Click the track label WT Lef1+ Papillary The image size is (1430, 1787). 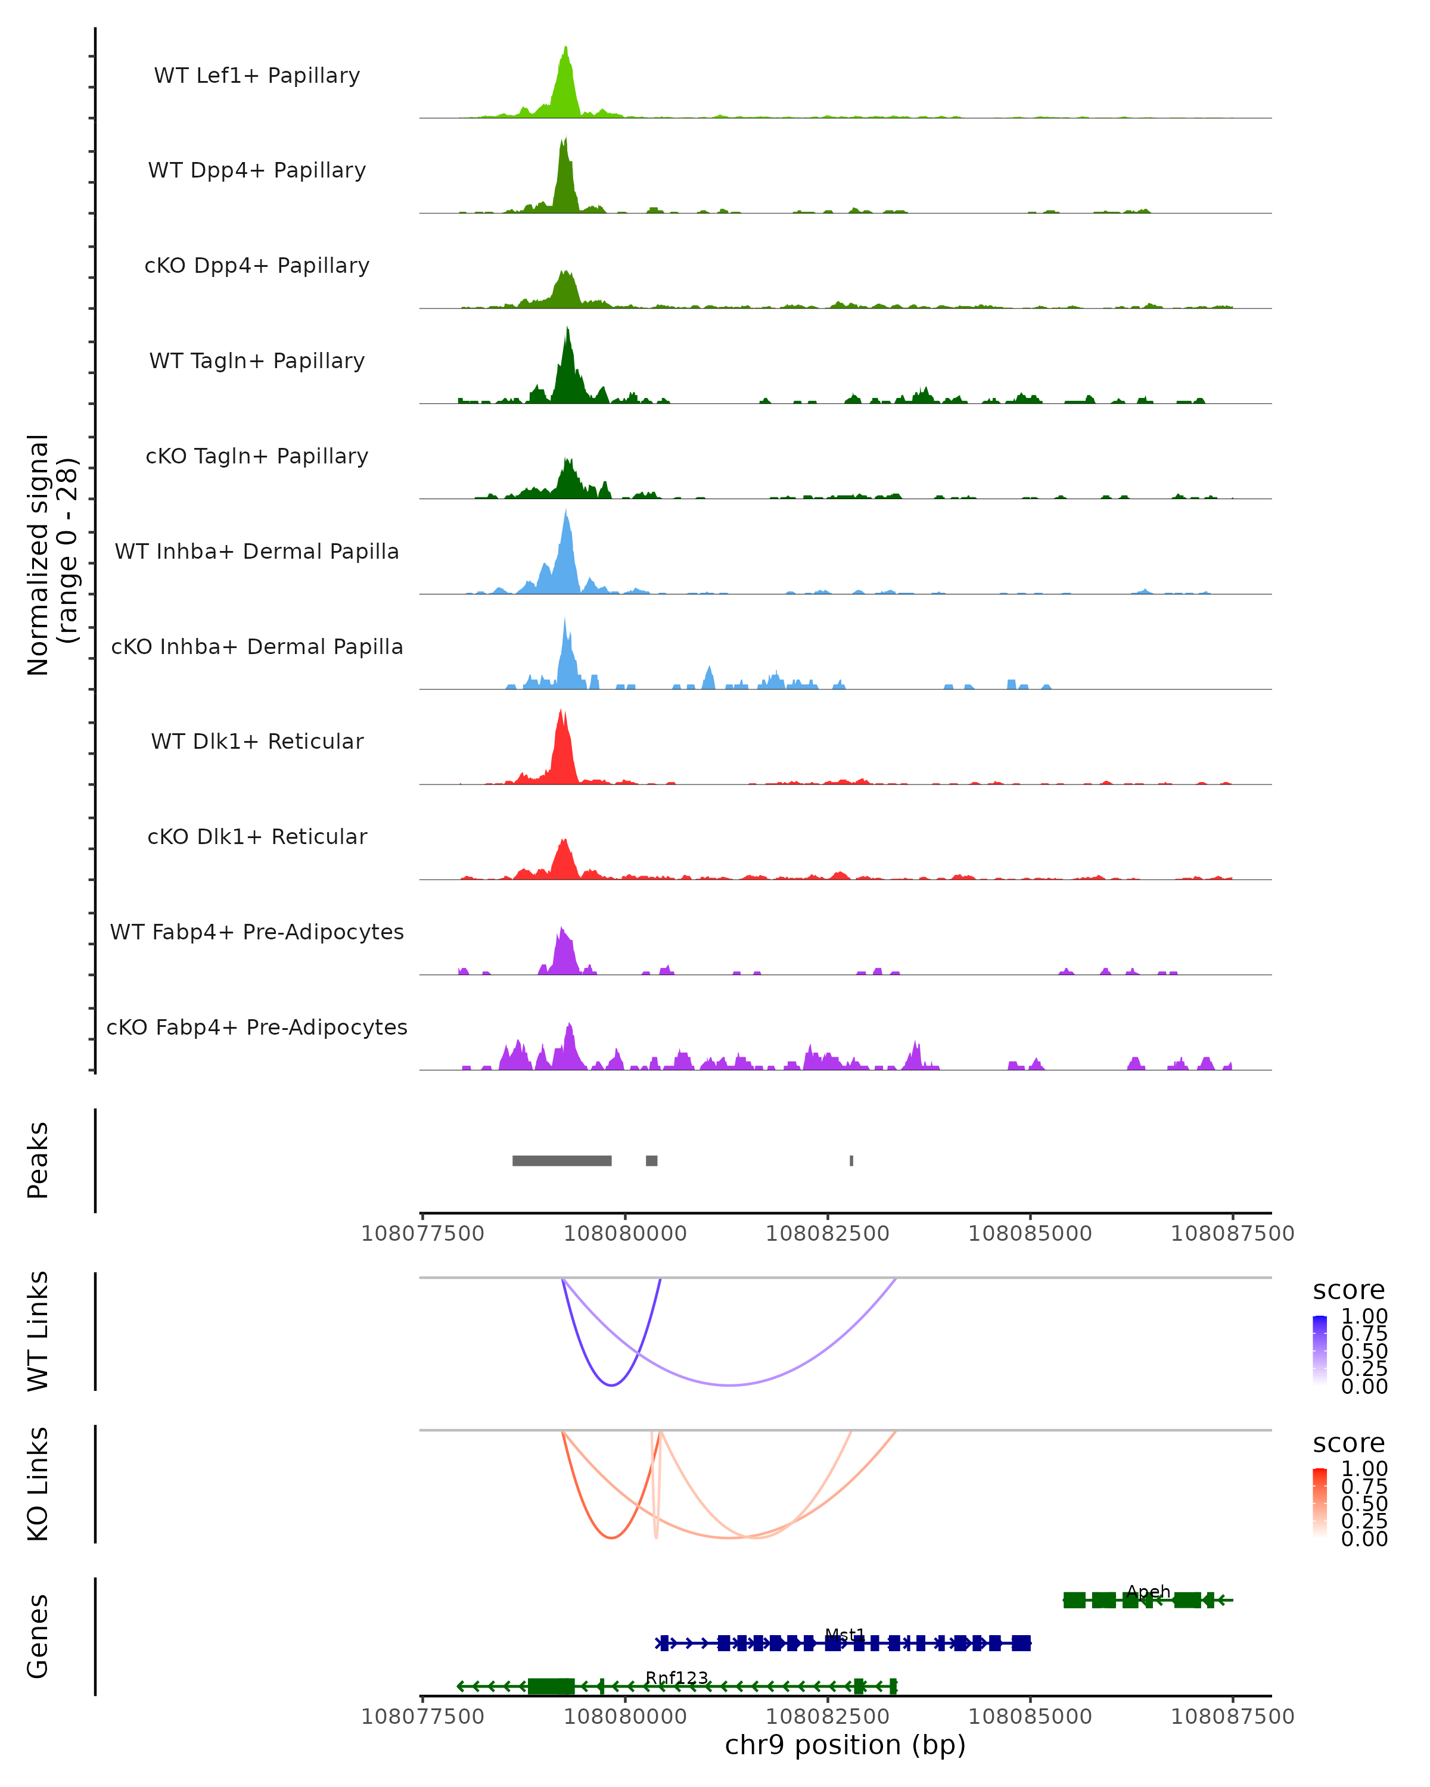point(257,76)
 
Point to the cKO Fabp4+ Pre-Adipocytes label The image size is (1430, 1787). point(257,1027)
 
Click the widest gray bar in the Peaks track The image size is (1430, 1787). point(562,1160)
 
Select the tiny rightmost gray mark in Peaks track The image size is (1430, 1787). point(851,1160)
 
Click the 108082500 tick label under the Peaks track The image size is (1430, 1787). point(828,1234)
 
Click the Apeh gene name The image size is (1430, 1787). point(1148,1592)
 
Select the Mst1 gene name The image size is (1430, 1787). point(845,1635)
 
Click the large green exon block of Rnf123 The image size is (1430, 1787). point(551,1686)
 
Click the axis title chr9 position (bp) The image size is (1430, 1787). point(845,1745)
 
